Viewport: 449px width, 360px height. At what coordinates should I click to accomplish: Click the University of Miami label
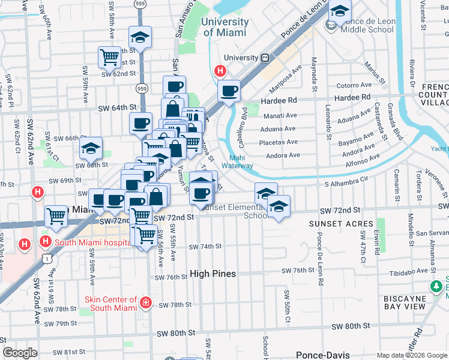tap(225, 26)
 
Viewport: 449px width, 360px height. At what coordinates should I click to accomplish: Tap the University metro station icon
tap(264, 58)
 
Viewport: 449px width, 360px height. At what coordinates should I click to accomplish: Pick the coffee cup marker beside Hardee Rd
tap(229, 92)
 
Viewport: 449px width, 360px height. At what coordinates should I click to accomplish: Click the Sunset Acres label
tap(333, 224)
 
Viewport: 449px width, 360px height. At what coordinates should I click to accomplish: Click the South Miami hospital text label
tap(92, 242)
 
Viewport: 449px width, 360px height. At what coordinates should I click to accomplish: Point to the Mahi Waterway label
tap(237, 162)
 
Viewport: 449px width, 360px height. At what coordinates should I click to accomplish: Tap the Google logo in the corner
tap(21, 352)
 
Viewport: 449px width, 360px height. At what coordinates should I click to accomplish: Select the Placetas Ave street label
tap(279, 142)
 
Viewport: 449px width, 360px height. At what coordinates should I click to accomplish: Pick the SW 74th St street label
tap(205, 246)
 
